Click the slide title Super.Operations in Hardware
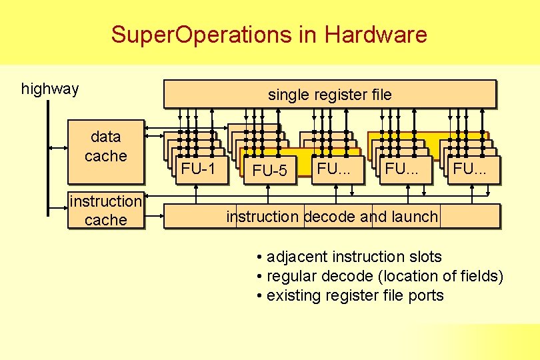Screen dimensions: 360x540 (269, 34)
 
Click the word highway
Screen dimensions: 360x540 (50, 89)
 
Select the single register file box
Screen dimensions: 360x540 (330, 94)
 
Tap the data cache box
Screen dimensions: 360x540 (105, 151)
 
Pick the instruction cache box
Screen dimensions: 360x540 (105, 210)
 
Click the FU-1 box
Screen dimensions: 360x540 (198, 169)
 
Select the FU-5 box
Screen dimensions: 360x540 (270, 171)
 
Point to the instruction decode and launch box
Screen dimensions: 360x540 (332, 216)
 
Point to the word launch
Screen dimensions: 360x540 (418, 216)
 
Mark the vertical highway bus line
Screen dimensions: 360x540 (48, 160)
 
